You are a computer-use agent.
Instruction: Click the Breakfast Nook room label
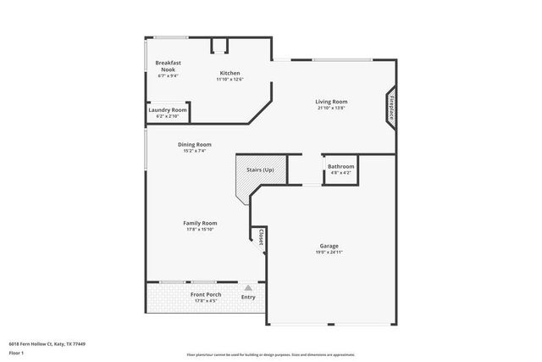(x=169, y=66)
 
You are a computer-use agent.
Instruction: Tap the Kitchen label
(x=230, y=73)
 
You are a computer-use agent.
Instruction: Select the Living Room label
(x=332, y=102)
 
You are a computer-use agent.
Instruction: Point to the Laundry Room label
(x=168, y=110)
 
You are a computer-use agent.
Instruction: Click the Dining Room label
(x=194, y=144)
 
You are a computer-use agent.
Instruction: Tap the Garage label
(x=330, y=246)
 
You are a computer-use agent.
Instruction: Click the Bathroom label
(x=341, y=167)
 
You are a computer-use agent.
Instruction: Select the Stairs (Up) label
(x=260, y=170)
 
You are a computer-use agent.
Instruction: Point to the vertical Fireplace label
(x=392, y=109)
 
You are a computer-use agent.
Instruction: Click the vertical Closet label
(x=262, y=238)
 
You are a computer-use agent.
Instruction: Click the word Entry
(x=248, y=297)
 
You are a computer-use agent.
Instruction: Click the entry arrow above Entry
(x=248, y=288)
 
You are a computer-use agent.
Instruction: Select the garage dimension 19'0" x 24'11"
(x=330, y=253)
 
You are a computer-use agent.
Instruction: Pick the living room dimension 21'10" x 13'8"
(x=332, y=108)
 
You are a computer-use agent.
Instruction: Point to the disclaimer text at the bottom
(x=271, y=354)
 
